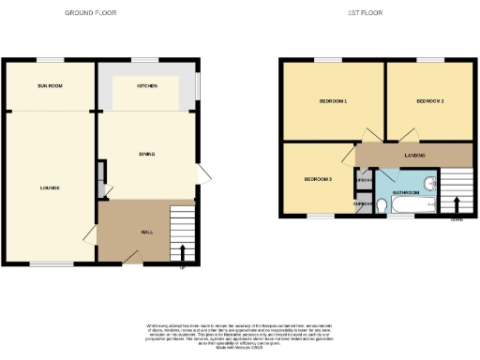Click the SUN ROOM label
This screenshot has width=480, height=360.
coord(50,85)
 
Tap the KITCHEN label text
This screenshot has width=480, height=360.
coord(147,85)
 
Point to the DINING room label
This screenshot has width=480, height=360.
coord(146,154)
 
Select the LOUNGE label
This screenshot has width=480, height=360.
coord(50,187)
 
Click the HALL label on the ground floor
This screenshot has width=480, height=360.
coord(147,232)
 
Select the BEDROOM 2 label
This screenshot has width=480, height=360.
coord(429,100)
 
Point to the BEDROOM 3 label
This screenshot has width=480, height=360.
coord(318,179)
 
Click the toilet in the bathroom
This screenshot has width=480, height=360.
coord(382,204)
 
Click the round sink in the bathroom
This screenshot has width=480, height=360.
coord(429,183)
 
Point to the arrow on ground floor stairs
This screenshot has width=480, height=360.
coord(182,252)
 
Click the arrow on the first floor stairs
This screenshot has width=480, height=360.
coord(457,204)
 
